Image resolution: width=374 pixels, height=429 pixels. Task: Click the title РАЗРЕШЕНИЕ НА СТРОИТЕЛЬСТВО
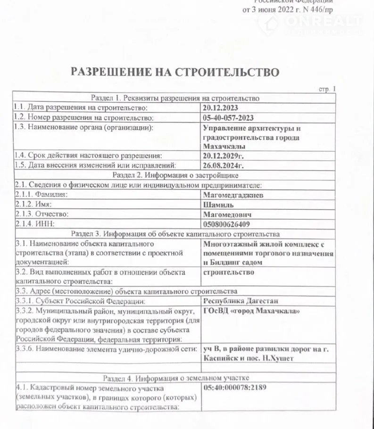coord(175,72)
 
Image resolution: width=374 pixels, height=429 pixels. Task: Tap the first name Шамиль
coord(216,204)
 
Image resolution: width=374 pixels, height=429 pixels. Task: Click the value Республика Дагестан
coord(241,301)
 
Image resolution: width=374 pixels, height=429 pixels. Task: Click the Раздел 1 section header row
coord(175,99)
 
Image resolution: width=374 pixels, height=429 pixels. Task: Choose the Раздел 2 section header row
coord(175,175)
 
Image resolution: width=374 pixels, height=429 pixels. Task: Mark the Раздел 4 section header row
coord(175,378)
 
